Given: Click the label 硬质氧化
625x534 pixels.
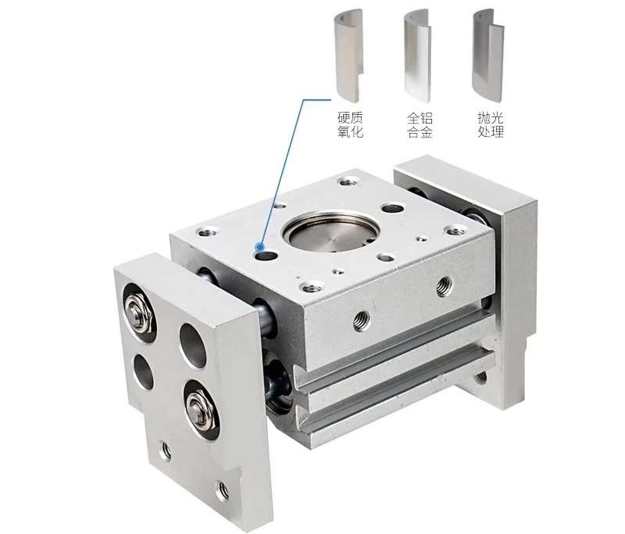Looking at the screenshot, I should [350, 125].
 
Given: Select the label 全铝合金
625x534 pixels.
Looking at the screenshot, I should [420, 125].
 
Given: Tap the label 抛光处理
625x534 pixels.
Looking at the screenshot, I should [490, 125].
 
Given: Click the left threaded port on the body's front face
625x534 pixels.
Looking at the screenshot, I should [361, 317].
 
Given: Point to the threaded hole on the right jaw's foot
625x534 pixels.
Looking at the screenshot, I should [480, 378].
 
